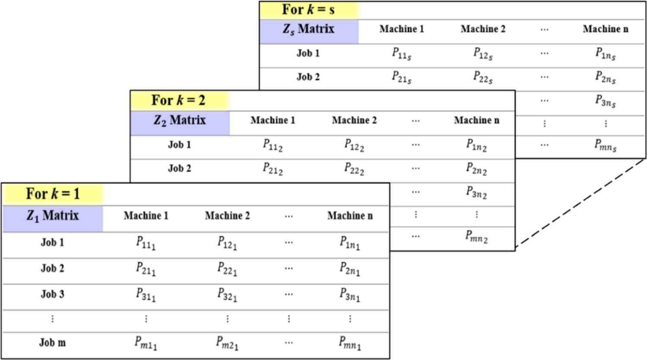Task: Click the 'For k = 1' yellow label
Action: (53, 194)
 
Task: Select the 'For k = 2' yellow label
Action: (178, 101)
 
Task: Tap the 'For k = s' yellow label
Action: (308, 9)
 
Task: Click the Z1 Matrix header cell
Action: (53, 215)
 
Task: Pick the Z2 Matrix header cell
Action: (180, 120)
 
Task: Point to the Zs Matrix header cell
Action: (308, 29)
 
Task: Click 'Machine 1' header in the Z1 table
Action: (146, 215)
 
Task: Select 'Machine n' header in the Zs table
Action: (605, 29)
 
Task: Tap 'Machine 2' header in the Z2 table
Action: (354, 120)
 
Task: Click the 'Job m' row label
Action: (52, 343)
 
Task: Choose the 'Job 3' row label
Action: (52, 294)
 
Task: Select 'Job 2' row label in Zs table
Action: (308, 77)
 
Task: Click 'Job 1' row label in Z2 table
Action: (179, 145)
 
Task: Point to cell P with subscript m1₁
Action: (146, 343)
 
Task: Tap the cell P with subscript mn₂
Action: (476, 237)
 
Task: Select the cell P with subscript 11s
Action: (402, 54)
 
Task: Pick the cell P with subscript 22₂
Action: (354, 168)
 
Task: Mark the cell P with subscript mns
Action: (605, 145)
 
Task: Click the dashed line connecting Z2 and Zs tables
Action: (581, 203)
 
